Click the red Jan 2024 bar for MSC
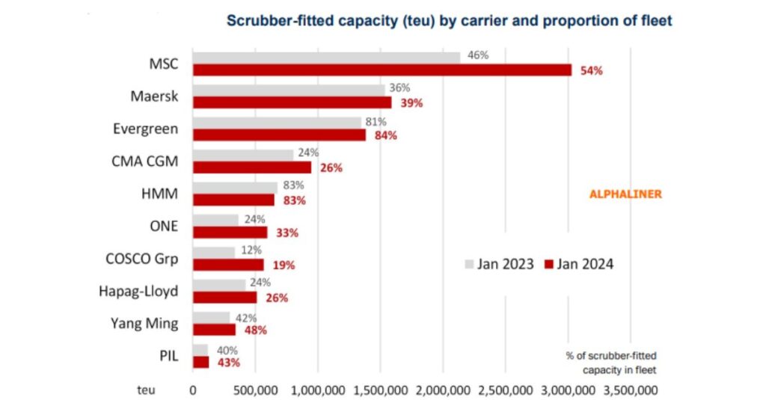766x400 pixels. click(382, 70)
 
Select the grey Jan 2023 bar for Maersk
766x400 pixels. click(289, 90)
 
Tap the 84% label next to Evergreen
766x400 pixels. click(386, 135)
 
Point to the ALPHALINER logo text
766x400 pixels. click(626, 194)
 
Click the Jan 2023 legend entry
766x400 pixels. click(499, 264)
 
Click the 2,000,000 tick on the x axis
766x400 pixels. click(443, 390)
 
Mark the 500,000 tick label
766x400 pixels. click(256, 390)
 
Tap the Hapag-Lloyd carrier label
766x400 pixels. click(139, 290)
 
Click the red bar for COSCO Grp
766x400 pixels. click(228, 265)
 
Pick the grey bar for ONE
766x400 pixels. click(215, 220)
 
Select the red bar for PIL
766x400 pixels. click(200, 362)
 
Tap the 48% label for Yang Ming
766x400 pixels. click(254, 330)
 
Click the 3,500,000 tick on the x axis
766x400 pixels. click(630, 390)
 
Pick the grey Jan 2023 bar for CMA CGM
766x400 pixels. click(243, 155)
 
